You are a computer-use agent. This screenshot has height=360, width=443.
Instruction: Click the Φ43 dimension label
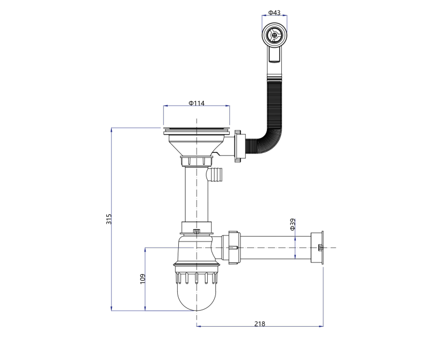[x=274, y=12]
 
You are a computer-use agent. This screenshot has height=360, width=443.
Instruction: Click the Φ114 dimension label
[x=197, y=103]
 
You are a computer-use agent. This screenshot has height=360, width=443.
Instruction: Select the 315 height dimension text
[x=109, y=219]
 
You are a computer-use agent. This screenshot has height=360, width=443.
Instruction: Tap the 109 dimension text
[x=143, y=279]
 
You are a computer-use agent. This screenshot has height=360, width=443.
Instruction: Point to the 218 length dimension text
[x=260, y=324]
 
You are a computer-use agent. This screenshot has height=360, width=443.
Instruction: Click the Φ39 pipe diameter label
[x=293, y=224]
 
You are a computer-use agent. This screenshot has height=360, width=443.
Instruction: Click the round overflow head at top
[x=274, y=35]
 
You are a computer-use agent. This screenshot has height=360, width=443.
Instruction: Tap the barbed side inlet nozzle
[x=215, y=174]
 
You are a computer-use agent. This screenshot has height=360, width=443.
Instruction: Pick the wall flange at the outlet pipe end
[x=317, y=248]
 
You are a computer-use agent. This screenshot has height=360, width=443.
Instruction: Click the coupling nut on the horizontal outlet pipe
[x=234, y=248]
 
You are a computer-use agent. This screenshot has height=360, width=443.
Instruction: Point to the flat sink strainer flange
[x=197, y=131]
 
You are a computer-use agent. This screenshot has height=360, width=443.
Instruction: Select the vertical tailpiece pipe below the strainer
[x=197, y=195]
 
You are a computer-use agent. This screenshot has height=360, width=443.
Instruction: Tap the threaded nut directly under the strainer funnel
[x=197, y=161]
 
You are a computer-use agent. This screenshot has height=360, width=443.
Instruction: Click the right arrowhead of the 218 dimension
[x=321, y=326]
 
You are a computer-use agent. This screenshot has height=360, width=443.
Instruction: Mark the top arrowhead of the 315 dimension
[x=112, y=130]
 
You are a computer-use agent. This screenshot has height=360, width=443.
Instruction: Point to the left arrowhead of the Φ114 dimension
[x=166, y=106]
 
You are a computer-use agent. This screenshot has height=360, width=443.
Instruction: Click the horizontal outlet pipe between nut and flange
[x=276, y=247]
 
